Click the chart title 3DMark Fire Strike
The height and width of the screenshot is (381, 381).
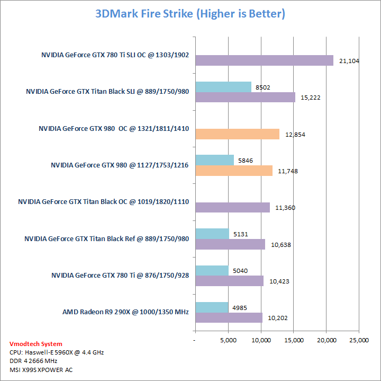pyautogui.click(x=190, y=14)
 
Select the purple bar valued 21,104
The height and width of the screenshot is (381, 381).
pyautogui.click(x=264, y=60)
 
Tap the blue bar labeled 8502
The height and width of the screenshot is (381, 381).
pyautogui.click(x=223, y=87)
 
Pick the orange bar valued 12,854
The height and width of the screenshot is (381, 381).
pyautogui.click(x=237, y=134)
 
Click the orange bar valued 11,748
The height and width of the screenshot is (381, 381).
pyautogui.click(x=233, y=170)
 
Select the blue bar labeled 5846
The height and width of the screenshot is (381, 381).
pyautogui.click(x=214, y=160)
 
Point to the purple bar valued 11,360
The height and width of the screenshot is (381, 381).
pyautogui.click(x=232, y=207)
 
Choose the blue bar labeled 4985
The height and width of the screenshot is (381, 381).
pyautogui.click(x=212, y=307)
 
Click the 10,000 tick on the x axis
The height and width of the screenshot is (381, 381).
pyautogui.click(x=261, y=340)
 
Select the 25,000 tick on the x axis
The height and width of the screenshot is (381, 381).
pyautogui.click(x=359, y=340)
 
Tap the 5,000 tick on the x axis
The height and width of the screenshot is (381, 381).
pyautogui.click(x=228, y=340)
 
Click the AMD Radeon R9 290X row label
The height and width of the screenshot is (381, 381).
pyautogui.click(x=125, y=312)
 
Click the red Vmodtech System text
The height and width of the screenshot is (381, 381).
pyautogui.click(x=35, y=344)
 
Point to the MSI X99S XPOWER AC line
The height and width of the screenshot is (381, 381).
pyautogui.click(x=41, y=369)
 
